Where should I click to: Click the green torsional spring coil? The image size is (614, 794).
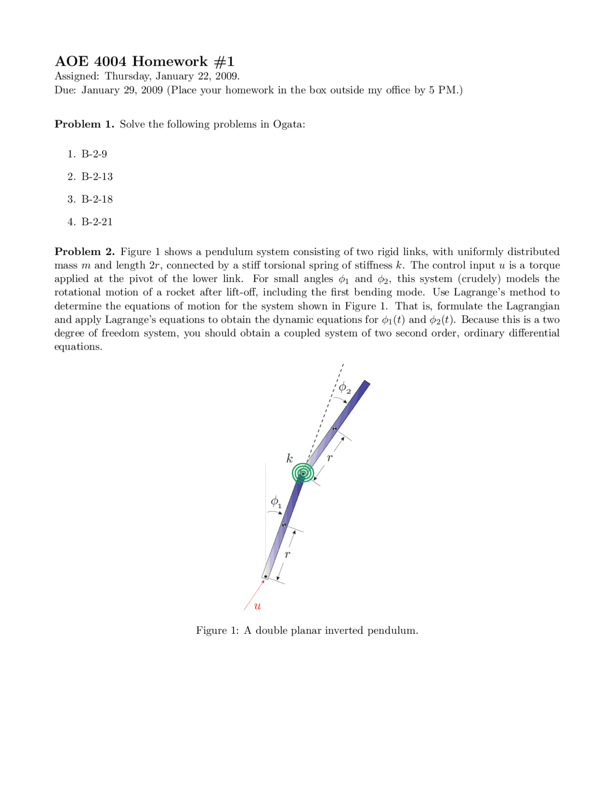click(x=303, y=473)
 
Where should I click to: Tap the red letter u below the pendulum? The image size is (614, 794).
click(x=258, y=606)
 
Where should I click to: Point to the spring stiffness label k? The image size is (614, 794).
click(x=289, y=458)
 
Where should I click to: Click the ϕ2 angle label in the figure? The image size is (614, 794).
click(x=344, y=388)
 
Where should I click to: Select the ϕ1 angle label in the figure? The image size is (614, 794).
click(x=276, y=502)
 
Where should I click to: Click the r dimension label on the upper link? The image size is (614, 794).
click(x=330, y=458)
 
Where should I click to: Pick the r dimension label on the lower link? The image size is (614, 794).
click(x=287, y=554)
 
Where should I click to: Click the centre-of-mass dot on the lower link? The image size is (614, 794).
click(x=284, y=525)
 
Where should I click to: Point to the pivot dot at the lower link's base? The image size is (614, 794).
click(x=265, y=576)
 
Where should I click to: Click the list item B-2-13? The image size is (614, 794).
click(x=97, y=176)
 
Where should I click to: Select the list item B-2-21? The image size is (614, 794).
click(x=97, y=222)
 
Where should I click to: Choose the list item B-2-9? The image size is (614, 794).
click(x=94, y=154)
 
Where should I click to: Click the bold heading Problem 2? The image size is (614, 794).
click(x=84, y=252)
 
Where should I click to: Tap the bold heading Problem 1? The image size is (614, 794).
click(x=84, y=124)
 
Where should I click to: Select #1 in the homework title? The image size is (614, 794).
click(x=224, y=61)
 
